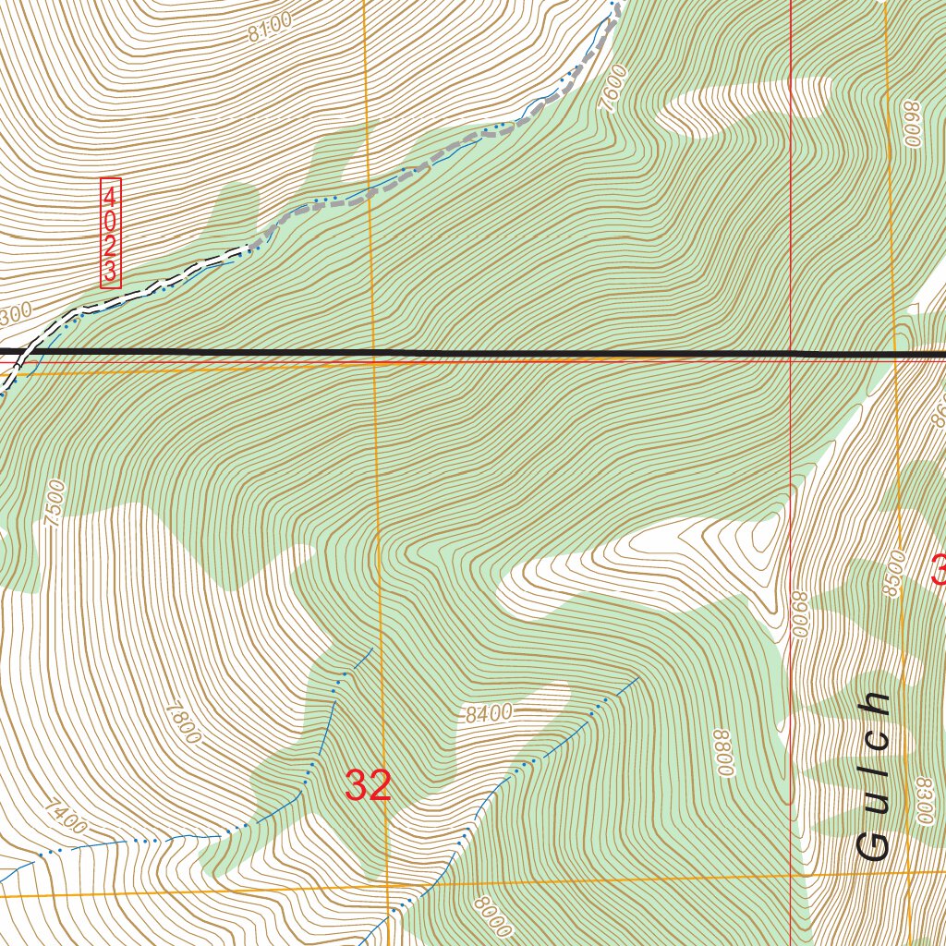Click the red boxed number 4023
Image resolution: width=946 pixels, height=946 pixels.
[x=111, y=233]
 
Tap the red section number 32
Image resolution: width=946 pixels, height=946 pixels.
[x=369, y=786]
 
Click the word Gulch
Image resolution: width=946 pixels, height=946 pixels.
[x=873, y=776]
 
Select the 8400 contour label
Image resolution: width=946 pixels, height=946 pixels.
[x=489, y=713]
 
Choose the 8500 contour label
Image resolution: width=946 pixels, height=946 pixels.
[x=892, y=574]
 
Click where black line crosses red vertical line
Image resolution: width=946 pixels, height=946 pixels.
[x=792, y=353]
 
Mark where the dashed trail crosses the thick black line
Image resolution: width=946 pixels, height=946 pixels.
[x=18, y=352]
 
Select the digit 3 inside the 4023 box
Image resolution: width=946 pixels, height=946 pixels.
[x=111, y=272]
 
